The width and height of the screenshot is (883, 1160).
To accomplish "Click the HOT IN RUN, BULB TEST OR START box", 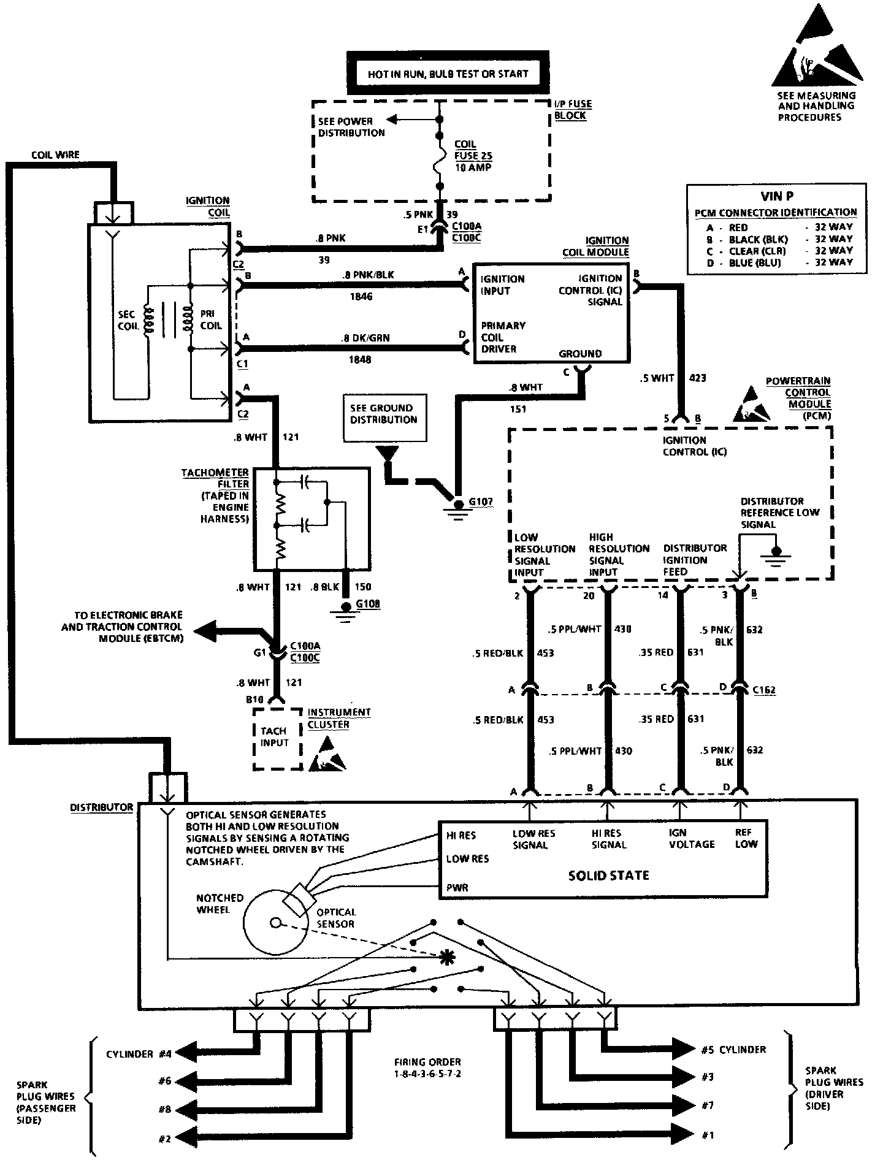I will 448,74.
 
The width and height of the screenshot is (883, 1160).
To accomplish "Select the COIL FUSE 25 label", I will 473,156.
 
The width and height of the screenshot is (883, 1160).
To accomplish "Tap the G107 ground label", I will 481,502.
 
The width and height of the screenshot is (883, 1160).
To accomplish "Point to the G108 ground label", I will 369,604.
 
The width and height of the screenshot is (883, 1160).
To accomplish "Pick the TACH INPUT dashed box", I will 278,738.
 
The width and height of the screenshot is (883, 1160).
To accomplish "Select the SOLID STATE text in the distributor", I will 608,876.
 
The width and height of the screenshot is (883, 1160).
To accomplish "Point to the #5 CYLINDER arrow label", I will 733,1050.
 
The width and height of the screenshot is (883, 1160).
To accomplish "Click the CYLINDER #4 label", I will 139,1055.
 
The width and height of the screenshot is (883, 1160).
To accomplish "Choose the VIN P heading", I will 776,196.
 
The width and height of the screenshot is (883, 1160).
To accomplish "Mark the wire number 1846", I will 361,297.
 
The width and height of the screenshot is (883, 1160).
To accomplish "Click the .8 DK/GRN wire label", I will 365,338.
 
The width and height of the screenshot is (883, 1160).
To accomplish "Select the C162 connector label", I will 763,690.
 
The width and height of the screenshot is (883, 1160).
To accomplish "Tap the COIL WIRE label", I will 55,155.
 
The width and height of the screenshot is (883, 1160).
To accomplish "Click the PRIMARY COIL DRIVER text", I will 503,337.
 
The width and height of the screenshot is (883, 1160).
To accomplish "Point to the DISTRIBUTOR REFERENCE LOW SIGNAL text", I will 779,513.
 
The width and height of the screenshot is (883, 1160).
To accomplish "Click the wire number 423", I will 698,378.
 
